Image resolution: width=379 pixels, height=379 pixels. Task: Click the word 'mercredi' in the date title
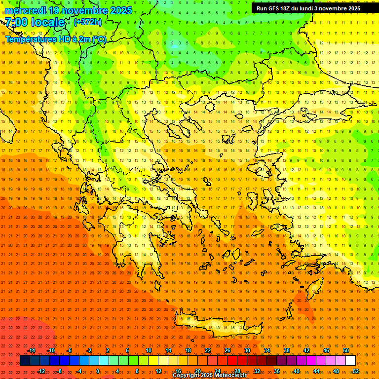point(26,10)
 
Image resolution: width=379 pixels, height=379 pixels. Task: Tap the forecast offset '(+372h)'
point(87,22)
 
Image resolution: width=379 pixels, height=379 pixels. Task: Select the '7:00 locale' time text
point(35,22)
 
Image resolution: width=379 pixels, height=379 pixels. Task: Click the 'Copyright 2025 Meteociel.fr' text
point(216,376)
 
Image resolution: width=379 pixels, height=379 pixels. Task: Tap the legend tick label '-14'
point(31,350)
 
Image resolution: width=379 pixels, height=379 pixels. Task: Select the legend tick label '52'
point(355,371)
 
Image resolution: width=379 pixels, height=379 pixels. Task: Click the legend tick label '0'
point(98,371)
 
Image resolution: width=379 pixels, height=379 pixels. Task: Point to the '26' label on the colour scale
point(227,350)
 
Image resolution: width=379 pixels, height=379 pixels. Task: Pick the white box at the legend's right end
point(350,361)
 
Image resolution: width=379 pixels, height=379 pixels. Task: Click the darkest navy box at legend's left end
point(25,361)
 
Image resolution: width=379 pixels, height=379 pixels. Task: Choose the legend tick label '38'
point(287,350)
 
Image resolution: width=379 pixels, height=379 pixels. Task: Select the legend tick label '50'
point(346,350)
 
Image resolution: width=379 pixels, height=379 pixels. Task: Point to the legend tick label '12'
point(158,371)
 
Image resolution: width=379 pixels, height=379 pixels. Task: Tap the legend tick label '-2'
point(89,350)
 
